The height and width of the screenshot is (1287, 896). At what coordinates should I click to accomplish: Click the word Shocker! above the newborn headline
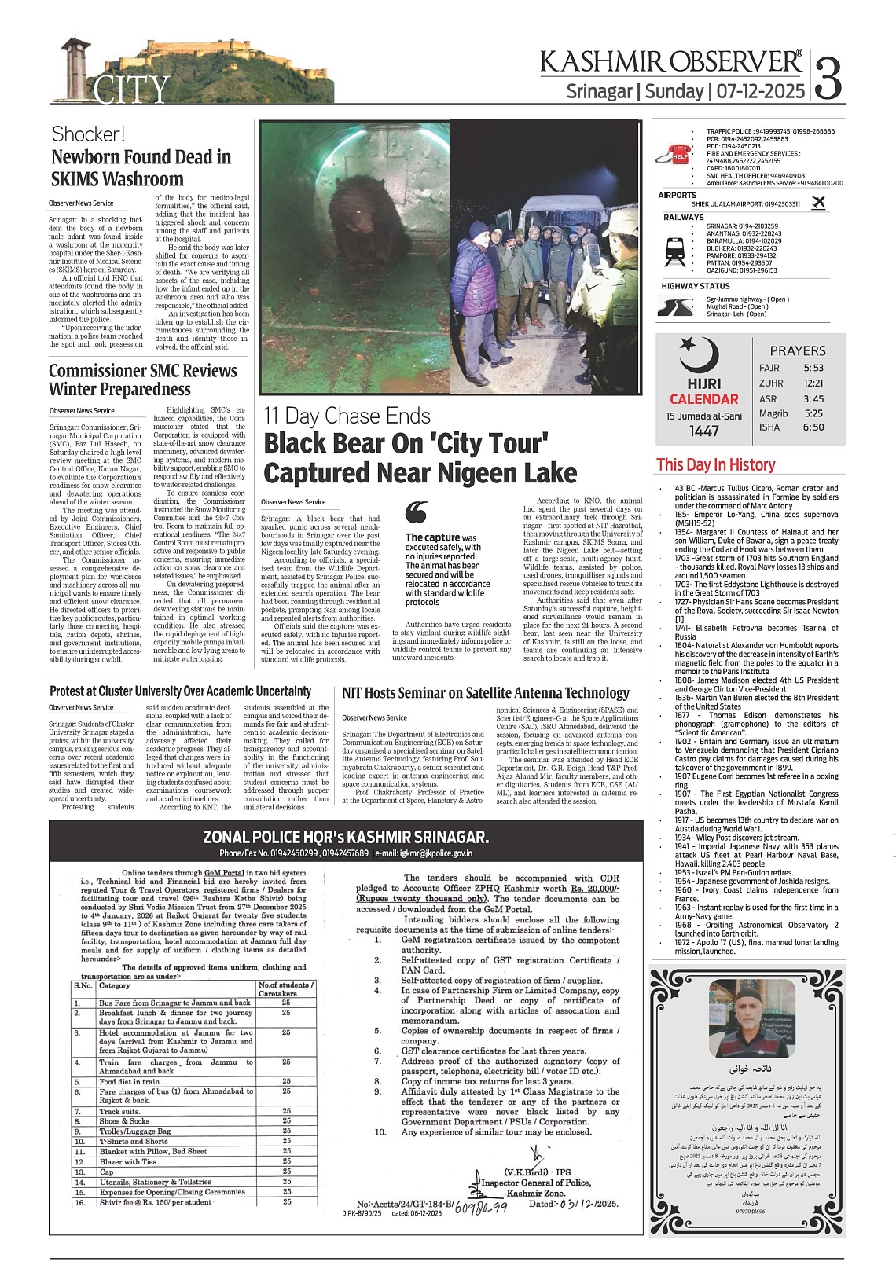pos(88,134)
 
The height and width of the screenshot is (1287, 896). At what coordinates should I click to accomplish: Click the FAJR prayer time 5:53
pos(813,368)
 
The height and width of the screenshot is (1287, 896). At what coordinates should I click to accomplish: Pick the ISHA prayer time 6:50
pos(813,427)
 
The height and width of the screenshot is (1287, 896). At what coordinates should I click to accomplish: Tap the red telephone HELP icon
pos(678,155)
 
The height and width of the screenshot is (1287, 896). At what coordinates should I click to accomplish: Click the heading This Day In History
pos(715,465)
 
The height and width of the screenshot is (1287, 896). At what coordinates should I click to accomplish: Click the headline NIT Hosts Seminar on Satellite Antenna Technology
pos(486,693)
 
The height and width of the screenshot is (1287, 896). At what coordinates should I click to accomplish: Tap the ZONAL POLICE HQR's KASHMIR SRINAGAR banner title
pos(346,836)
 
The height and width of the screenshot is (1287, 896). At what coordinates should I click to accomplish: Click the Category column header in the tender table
pos(115,985)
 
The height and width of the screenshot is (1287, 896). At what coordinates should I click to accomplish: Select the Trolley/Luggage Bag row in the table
pos(134,1131)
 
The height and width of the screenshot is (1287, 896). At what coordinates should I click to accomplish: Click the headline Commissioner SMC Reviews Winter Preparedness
pos(142,379)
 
